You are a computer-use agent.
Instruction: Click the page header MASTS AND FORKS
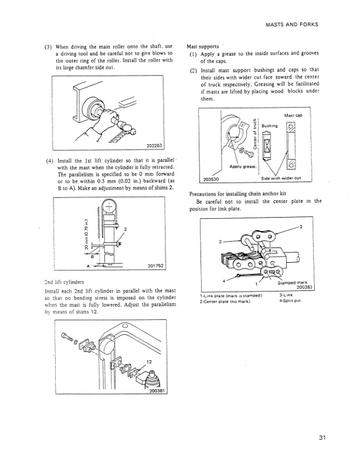[x=291, y=25]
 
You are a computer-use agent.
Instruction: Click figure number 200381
[x=154, y=391]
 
